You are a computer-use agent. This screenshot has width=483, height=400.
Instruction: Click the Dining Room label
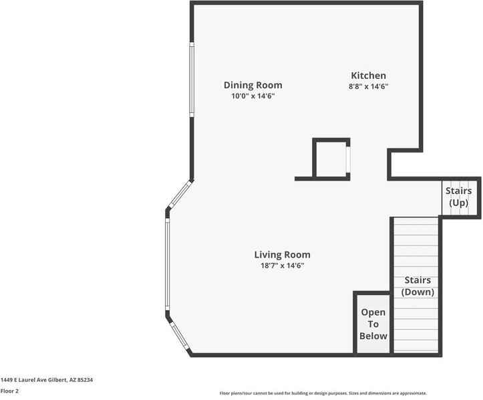(x=253, y=85)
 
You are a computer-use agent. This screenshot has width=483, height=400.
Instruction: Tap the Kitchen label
(x=368, y=76)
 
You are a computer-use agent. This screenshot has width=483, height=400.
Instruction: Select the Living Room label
(x=282, y=255)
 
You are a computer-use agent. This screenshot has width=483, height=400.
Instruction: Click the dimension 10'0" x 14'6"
(x=253, y=96)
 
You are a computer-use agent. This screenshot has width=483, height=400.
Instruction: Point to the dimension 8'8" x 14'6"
(x=368, y=86)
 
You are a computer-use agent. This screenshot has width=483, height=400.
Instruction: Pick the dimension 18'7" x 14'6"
(x=282, y=266)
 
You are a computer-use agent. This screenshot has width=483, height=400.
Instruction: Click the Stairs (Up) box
(x=460, y=197)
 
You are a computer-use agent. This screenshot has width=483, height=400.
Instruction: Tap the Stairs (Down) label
(x=418, y=286)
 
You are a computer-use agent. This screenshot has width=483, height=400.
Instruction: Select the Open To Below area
(x=373, y=324)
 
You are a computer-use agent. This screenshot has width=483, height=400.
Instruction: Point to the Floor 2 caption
(x=10, y=391)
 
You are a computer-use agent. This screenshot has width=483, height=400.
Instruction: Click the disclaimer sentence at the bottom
(x=323, y=393)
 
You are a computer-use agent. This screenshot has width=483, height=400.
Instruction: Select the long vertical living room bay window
(x=167, y=264)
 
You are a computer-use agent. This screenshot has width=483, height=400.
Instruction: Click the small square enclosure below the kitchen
(x=331, y=159)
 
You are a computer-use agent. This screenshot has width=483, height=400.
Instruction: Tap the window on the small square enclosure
(x=348, y=159)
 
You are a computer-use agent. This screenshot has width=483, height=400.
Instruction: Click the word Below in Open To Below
(x=373, y=336)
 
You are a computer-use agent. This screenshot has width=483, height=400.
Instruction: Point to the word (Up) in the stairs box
(x=458, y=203)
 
